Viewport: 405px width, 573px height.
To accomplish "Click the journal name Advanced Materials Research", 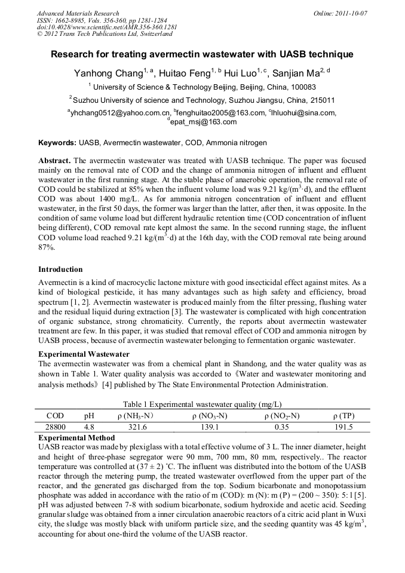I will pyautogui.click(x=78, y=13).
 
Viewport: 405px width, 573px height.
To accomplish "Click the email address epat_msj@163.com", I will pyautogui.click(x=202, y=122).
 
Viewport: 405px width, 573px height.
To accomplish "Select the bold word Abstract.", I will pyautogui.click(x=54, y=161).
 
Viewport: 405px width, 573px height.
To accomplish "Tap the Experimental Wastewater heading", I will pyautogui.click(x=84, y=354).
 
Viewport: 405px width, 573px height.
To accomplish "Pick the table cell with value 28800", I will pyautogui.click(x=55, y=427).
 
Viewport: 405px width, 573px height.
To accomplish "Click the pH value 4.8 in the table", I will pyautogui.click(x=90, y=427).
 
